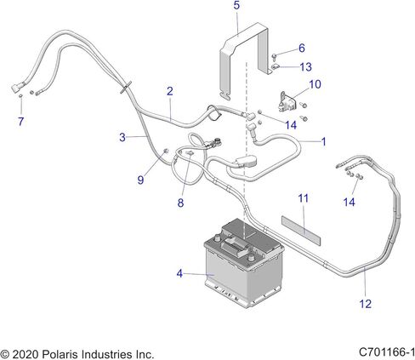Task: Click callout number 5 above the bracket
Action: (236, 5)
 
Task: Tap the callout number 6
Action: (302, 48)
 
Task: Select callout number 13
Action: (305, 67)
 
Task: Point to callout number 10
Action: (315, 84)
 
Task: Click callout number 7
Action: (20, 122)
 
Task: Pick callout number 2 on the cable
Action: (169, 91)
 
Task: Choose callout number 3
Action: (122, 137)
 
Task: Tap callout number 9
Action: (140, 180)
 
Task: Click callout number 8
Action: (180, 203)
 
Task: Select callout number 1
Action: (323, 141)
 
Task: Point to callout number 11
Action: (303, 198)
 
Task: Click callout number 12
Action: (365, 304)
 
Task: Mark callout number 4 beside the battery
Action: (179, 274)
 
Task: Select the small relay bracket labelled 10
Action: (287, 102)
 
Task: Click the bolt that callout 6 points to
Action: (275, 57)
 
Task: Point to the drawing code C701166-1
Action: (387, 352)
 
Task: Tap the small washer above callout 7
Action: (20, 97)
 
